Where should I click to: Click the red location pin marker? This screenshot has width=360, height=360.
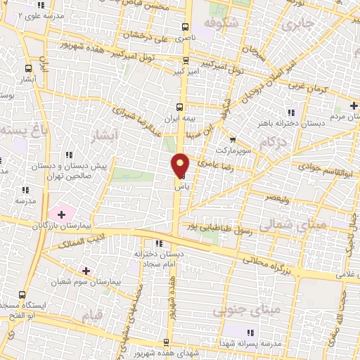click(181, 166)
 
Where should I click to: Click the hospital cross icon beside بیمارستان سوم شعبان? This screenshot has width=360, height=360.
click(86, 271)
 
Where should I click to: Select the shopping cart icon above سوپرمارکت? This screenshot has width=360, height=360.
click(232, 140)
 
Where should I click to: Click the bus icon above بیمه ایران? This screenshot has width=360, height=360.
click(180, 107)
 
